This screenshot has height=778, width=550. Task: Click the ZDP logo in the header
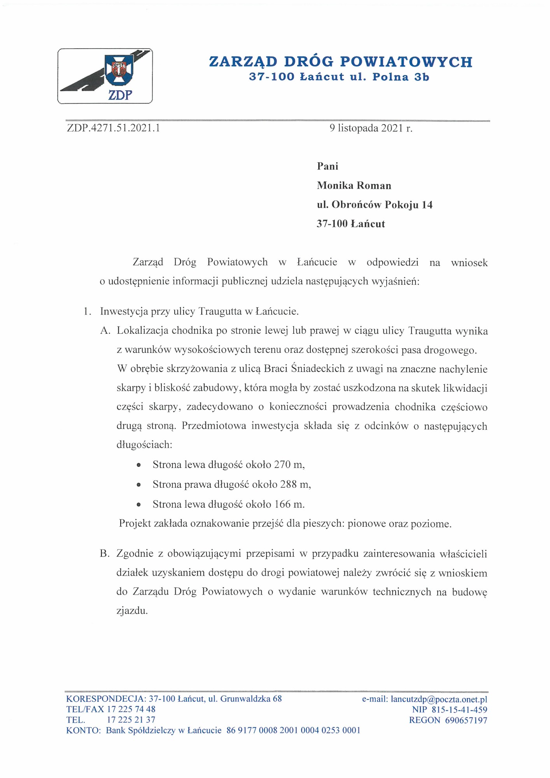[x=105, y=76]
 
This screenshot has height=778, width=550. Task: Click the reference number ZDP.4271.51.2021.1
[x=114, y=128]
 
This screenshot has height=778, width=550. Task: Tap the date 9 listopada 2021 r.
[x=371, y=128]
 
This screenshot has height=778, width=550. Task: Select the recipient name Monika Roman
[x=354, y=186]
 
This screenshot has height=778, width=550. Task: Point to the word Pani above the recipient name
[x=328, y=166]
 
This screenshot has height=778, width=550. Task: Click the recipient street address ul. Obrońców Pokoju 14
[x=375, y=205]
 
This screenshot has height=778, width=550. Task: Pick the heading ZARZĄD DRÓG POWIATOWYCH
[x=341, y=62]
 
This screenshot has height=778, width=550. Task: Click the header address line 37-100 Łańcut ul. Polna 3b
[x=339, y=77]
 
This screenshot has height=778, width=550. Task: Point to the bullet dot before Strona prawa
[x=138, y=485]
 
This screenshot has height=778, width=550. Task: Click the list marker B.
[x=105, y=554]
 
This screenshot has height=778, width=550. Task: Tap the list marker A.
[x=105, y=331]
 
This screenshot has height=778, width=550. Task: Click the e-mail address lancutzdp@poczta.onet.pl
[x=439, y=699]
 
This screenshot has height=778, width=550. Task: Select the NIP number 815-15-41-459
[x=459, y=710]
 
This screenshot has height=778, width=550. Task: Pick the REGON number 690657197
[x=466, y=720]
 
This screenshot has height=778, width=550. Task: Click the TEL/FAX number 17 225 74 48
[x=131, y=709]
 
